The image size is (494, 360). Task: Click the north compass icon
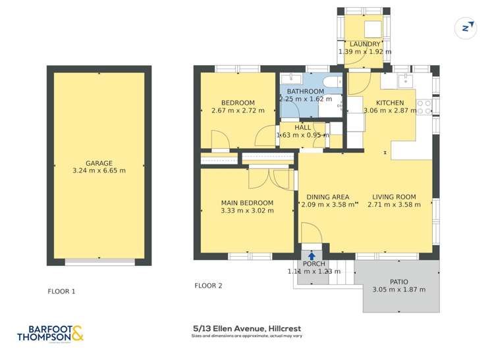(466, 27)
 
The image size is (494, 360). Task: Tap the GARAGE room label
(99, 163)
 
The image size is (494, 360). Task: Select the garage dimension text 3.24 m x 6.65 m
(99, 170)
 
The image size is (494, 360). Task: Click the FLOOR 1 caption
(62, 291)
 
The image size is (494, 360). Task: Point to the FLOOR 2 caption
(208, 286)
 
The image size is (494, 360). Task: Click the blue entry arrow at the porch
(311, 256)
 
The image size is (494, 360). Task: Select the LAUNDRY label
(365, 44)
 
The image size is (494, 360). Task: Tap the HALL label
(303, 128)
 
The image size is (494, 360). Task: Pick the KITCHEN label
(390, 103)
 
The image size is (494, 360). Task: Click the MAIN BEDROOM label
(247, 203)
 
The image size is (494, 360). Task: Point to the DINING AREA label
(328, 197)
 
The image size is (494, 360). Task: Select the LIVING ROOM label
(394, 197)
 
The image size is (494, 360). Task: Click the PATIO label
(399, 282)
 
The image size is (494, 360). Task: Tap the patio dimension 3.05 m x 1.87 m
(399, 290)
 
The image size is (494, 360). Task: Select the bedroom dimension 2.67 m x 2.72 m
(238, 110)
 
